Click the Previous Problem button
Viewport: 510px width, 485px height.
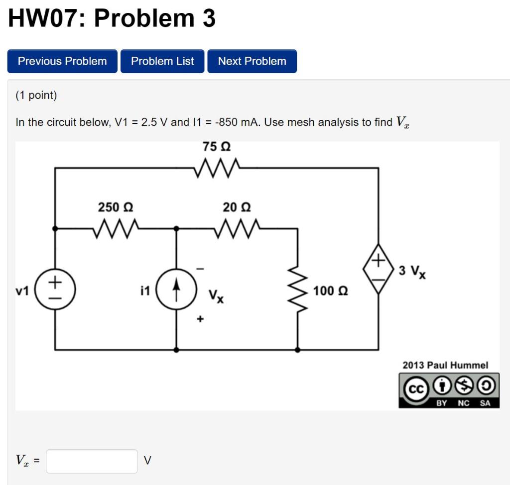[x=62, y=61]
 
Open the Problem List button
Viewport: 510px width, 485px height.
[x=162, y=61]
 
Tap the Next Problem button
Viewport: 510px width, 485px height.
[x=252, y=61]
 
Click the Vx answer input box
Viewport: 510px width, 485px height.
[x=92, y=461]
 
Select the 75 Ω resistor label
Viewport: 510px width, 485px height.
[x=217, y=147]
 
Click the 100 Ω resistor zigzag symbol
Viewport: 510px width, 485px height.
[x=298, y=290]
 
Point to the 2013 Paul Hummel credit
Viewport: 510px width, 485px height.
[x=445, y=365]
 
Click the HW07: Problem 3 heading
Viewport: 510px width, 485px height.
[x=113, y=19]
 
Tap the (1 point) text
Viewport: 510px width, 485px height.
[x=36, y=95]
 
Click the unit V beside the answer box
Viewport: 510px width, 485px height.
[x=147, y=461]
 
